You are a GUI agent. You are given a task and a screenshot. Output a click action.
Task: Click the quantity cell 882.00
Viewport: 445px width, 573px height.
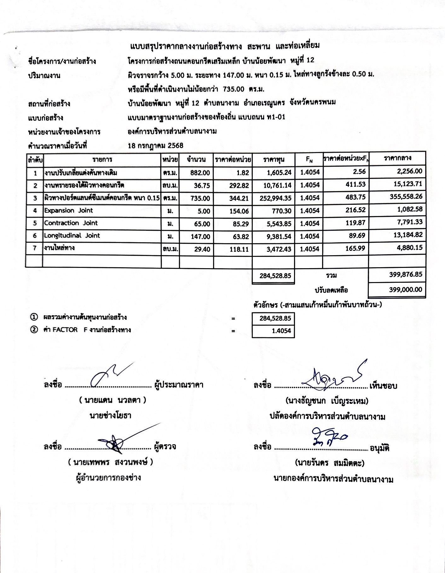click(200, 173)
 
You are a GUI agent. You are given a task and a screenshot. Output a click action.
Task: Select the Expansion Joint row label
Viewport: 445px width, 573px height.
click(68, 210)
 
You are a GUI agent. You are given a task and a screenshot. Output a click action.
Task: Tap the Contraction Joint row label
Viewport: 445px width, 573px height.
click(71, 223)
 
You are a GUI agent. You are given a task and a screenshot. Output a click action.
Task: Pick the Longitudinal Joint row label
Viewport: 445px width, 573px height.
click(72, 236)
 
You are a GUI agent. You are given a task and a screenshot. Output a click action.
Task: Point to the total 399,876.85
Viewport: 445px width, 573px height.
click(406, 275)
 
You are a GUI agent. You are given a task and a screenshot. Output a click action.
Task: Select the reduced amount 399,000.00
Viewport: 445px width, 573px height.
click(405, 289)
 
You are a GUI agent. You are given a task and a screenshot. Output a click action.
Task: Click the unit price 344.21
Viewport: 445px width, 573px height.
click(239, 198)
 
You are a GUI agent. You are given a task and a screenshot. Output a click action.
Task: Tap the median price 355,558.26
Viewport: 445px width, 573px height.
click(405, 197)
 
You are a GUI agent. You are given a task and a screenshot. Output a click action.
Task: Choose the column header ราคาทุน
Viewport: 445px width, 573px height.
click(274, 160)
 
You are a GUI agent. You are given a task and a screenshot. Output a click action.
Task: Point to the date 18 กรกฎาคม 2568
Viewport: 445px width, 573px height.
click(156, 145)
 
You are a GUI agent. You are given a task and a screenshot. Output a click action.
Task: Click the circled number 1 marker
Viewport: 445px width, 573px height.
click(34, 317)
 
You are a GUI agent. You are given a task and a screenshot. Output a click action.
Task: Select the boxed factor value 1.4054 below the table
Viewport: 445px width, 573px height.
click(282, 331)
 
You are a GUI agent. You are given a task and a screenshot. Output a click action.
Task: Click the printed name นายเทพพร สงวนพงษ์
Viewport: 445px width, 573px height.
click(110, 462)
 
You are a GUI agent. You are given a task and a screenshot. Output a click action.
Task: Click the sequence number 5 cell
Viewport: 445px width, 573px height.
click(35, 223)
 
